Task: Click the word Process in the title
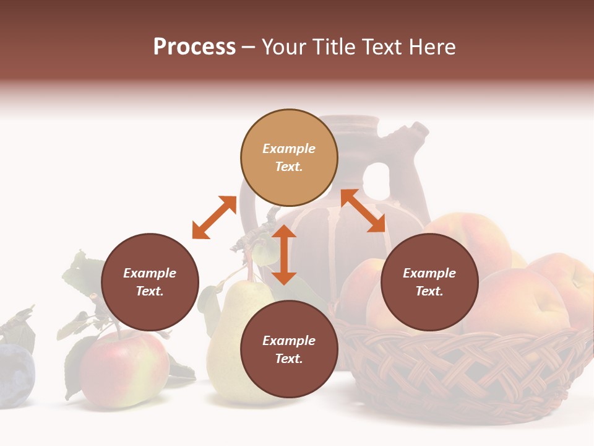tap(194, 47)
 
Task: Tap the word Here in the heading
tap(433, 47)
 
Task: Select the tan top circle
tap(289, 157)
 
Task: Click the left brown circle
tap(150, 282)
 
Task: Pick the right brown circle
tap(429, 282)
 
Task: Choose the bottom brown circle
tap(289, 349)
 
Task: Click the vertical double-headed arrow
tap(284, 255)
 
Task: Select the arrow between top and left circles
tap(214, 217)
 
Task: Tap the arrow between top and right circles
tap(363, 211)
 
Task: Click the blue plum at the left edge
tap(15, 375)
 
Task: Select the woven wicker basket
tap(464, 372)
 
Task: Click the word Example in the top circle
tap(289, 149)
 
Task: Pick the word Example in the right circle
tap(429, 273)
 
